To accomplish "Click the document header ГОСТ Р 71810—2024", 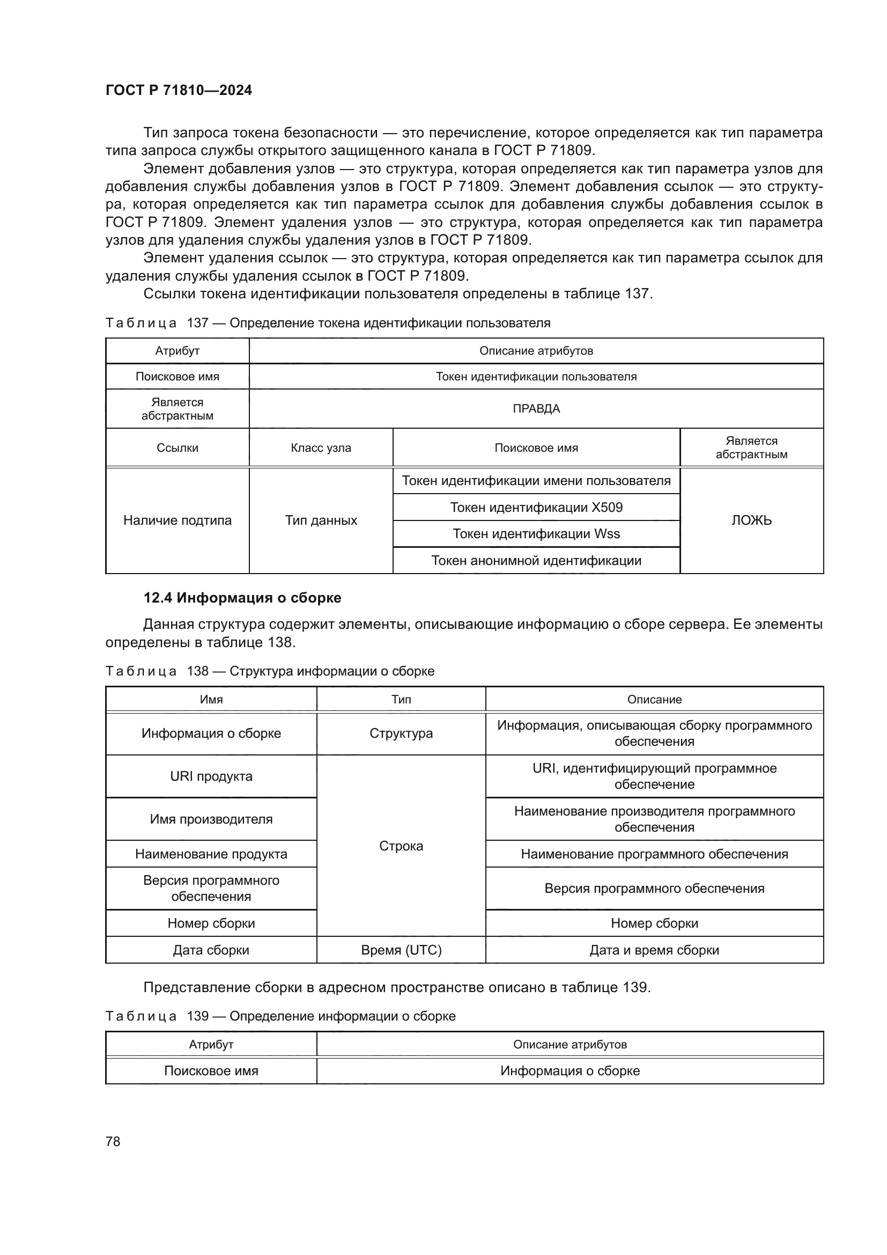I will coord(179,90).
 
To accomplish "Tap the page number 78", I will coord(113,1141).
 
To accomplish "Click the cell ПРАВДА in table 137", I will coord(536,409).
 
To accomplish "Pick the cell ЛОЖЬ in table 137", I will coord(751,520).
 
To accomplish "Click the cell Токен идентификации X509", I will coord(536,507).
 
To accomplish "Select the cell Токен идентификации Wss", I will coord(536,533).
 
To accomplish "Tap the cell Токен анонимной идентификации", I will coord(536,560).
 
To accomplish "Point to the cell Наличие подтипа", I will coord(178,520).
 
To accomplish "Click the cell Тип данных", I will coord(321,520).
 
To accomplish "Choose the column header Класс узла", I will coord(321,447).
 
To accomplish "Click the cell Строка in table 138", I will coord(401,846).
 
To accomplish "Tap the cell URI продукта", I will coord(211,776).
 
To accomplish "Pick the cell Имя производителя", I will coord(211,819).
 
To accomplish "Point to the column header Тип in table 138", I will coord(401,699).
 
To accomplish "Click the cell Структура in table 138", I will coord(401,733).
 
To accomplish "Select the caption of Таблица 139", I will coord(280,1016).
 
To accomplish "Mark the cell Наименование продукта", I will coord(211,854).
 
